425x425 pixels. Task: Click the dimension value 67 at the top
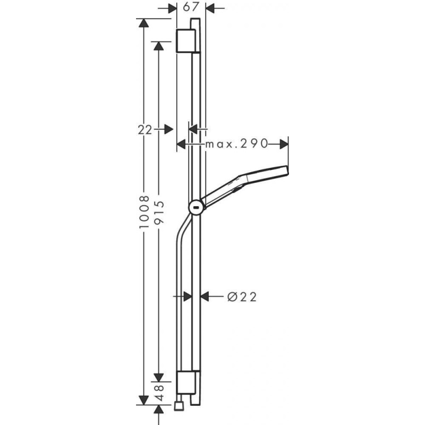click(x=191, y=7)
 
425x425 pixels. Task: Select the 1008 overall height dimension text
click(x=144, y=212)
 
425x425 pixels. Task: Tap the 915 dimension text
click(x=159, y=212)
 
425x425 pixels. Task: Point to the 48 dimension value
click(x=159, y=393)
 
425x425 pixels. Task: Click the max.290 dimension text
click(x=236, y=143)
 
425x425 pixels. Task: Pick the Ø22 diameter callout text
click(x=242, y=297)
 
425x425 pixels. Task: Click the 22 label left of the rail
click(x=145, y=130)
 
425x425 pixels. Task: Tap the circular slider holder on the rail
click(x=197, y=208)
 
